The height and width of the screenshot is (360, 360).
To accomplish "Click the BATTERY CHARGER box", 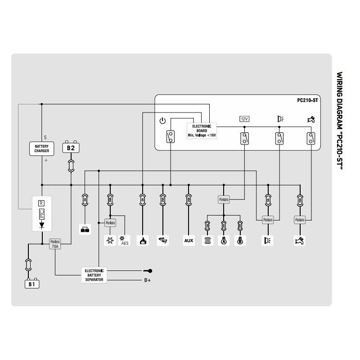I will point(41,148).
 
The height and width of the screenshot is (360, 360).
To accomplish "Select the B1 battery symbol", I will point(31,284).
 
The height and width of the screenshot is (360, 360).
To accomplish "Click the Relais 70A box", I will point(55,243).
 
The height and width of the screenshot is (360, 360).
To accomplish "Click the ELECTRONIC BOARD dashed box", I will point(201,130).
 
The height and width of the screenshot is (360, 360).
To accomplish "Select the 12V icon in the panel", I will point(244,119).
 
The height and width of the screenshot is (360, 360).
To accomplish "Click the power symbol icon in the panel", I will point(163,121).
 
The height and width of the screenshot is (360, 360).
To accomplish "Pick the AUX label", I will point(189,240).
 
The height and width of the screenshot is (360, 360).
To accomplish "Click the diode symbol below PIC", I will point(41,227).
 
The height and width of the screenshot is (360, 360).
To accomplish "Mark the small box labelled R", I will point(41,203).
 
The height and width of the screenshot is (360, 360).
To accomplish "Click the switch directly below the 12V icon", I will point(244,139).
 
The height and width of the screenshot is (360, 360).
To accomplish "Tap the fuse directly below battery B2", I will point(70,165).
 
